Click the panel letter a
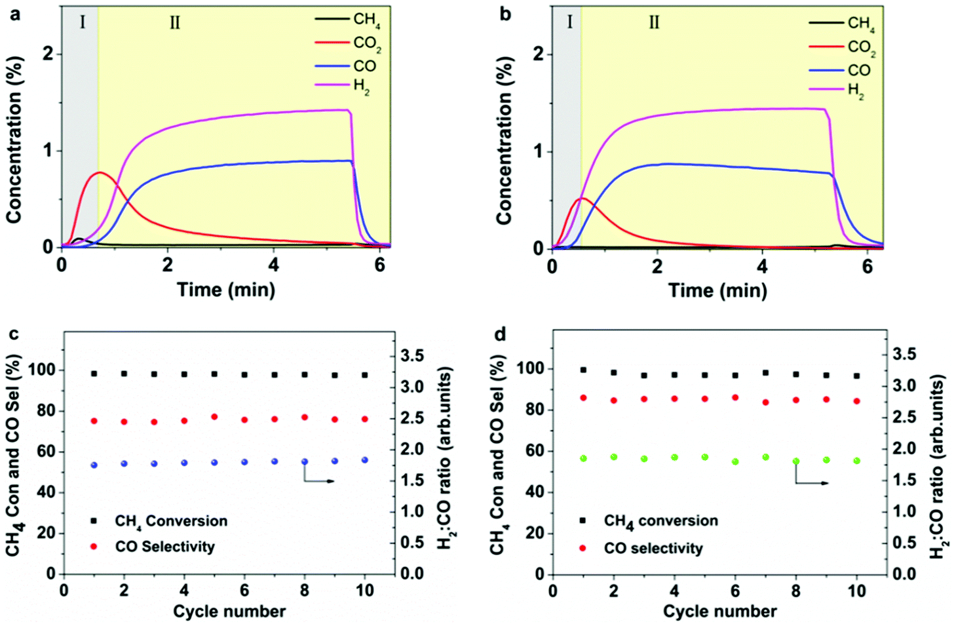[x=14, y=13]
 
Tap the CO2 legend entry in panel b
[x=861, y=47]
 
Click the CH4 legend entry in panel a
[x=366, y=20]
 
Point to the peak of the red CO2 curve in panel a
[x=100, y=172]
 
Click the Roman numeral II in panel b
[x=654, y=22]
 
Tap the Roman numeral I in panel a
[x=83, y=22]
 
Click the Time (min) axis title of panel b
[x=717, y=290]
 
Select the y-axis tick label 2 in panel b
[x=538, y=54]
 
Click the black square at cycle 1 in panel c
[x=94, y=374]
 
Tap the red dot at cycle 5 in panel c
[x=214, y=417]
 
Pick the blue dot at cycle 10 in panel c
[x=365, y=460]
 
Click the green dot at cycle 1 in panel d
[x=583, y=459]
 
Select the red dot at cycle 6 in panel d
[x=735, y=397]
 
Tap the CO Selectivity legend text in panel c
[x=164, y=547]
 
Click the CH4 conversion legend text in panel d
[x=660, y=521]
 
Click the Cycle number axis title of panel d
[x=719, y=612]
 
